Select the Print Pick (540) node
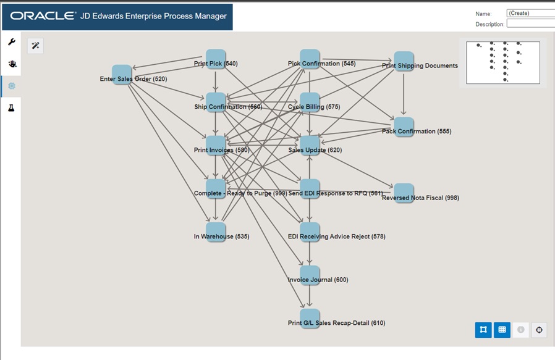216,59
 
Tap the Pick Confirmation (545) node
310,59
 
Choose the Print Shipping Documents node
404,61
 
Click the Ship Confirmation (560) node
216,103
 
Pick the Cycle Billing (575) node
310,103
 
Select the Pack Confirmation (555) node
404,127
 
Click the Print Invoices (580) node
216,146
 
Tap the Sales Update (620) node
310,146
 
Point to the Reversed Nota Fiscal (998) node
404,193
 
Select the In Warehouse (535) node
216,232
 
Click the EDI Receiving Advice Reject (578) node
310,232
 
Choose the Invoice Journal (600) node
310,275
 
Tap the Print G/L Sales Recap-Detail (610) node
310,319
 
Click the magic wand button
35,46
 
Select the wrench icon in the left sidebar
11,42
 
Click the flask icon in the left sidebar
11,108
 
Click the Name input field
530,13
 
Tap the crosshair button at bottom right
539,330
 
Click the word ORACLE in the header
43,16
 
